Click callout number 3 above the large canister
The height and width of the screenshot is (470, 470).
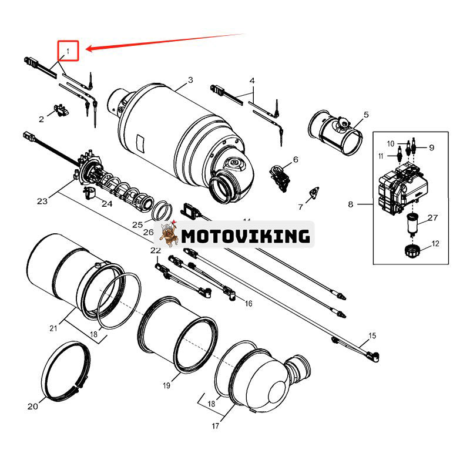coord(190,79)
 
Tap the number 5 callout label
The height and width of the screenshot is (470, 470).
coord(365,115)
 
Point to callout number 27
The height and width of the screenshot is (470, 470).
coord(433,218)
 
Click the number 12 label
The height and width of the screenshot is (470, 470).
coord(435,243)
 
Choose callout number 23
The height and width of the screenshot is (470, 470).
coord(42,201)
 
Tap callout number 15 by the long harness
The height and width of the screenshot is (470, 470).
coord(371,337)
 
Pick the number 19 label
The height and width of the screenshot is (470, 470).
coord(166,385)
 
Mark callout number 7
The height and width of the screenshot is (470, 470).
coord(301,207)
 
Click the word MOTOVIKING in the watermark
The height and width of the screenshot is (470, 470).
coord(246,236)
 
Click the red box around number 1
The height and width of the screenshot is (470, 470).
coord(68,52)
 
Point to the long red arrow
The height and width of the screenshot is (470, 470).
coord(164,42)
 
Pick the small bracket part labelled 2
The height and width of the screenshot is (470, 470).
coord(59,109)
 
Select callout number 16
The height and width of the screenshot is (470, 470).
coord(248,304)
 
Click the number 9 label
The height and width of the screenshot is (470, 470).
coord(431,147)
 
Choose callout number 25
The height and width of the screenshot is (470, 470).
coord(137,224)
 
